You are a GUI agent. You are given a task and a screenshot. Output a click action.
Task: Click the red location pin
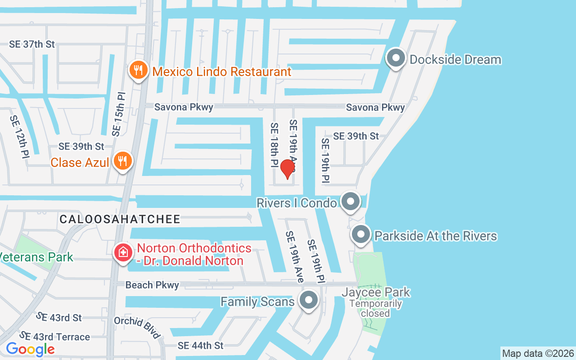pos(288,169)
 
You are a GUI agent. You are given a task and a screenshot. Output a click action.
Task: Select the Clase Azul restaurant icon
pos(122,162)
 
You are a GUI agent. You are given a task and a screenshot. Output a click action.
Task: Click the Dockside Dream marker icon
pos(396,58)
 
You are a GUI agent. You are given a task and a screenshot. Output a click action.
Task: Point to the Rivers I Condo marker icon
pos(351,202)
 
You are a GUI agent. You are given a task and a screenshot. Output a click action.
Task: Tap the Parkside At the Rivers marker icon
pos(360,235)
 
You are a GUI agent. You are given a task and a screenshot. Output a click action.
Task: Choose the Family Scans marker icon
pos(309,301)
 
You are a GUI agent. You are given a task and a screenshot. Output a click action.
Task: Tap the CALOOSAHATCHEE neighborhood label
pos(120,219)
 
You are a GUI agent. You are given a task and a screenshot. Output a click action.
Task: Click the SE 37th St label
pos(32,44)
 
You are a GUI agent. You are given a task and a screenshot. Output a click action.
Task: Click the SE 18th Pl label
pos(274,145)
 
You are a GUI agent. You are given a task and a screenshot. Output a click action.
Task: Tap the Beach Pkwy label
pos(152,285)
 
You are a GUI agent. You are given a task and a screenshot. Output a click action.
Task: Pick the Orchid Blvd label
pos(137,327)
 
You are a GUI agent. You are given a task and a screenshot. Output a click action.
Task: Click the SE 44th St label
pos(200,346)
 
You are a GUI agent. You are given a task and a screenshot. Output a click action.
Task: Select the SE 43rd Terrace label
pos(54,337)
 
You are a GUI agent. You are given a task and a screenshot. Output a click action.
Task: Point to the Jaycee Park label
pos(376,292)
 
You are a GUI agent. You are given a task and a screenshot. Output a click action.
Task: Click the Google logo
pos(30,349)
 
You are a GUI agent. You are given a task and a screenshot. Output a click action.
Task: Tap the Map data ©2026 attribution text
pos(538,353)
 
